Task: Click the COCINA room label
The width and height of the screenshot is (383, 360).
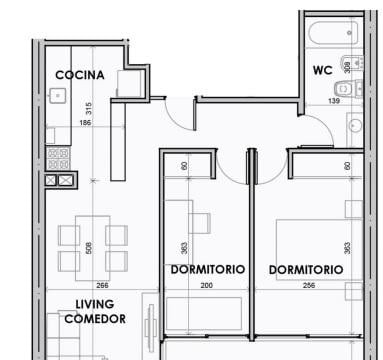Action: pyautogui.click(x=80, y=75)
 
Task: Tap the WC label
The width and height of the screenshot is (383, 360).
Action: pyautogui.click(x=323, y=70)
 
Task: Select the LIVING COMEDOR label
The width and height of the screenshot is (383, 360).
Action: pyautogui.click(x=95, y=312)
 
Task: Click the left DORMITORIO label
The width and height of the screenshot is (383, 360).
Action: pyautogui.click(x=208, y=269)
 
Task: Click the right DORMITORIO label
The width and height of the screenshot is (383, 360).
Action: pyautogui.click(x=306, y=270)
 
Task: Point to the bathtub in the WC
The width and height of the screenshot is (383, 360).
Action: pyautogui.click(x=333, y=32)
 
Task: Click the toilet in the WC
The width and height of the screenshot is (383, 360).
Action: pyautogui.click(x=348, y=89)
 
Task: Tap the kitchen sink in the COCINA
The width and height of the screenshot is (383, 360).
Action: pyautogui.click(x=58, y=96)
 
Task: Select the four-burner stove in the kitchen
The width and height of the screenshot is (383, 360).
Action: pyautogui.click(x=58, y=159)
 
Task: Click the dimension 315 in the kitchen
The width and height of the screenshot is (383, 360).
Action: pyautogui.click(x=88, y=108)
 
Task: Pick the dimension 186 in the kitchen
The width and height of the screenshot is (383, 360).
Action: pyautogui.click(x=85, y=123)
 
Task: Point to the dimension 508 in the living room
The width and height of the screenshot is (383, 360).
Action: pyautogui.click(x=89, y=248)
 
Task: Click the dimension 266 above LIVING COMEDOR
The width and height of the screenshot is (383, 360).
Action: pyautogui.click(x=102, y=285)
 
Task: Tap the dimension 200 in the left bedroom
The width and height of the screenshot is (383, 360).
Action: pyautogui.click(x=207, y=285)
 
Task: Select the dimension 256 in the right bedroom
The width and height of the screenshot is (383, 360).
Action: pyautogui.click(x=309, y=285)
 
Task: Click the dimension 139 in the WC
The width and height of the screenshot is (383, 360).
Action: pyautogui.click(x=334, y=101)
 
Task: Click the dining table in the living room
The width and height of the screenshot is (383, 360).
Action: pyautogui.click(x=93, y=248)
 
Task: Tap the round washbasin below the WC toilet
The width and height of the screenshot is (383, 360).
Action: pyautogui.click(x=355, y=126)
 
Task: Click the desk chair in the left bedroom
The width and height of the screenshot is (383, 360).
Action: pyautogui.click(x=200, y=223)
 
